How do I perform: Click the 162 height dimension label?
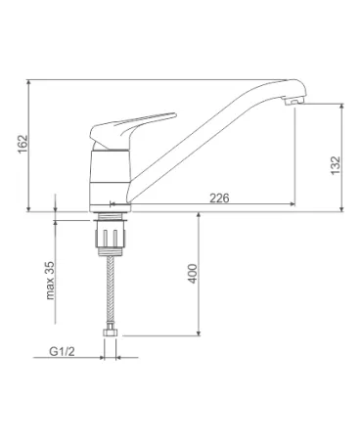coord(23,144)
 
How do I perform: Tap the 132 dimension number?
coord(336,165)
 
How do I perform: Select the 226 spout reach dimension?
coord(219,198)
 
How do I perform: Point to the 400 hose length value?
coord(193,274)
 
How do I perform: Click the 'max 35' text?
coord(50,281)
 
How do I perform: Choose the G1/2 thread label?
coord(62,351)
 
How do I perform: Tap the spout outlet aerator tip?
coord(294,101)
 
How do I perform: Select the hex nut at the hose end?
coord(111,332)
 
